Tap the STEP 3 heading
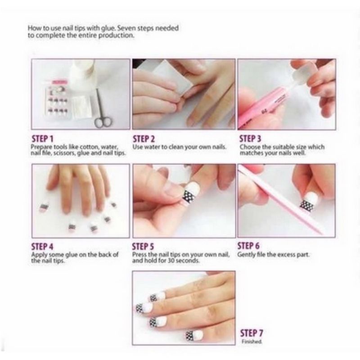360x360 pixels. click(x=251, y=138)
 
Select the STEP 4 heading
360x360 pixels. click(x=43, y=247)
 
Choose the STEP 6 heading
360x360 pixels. click(x=248, y=246)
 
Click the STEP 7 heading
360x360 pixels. click(x=252, y=333)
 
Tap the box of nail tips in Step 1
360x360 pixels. click(x=57, y=103)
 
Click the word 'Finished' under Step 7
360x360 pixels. click(x=252, y=342)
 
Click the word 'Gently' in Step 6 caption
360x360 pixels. click(x=246, y=255)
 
